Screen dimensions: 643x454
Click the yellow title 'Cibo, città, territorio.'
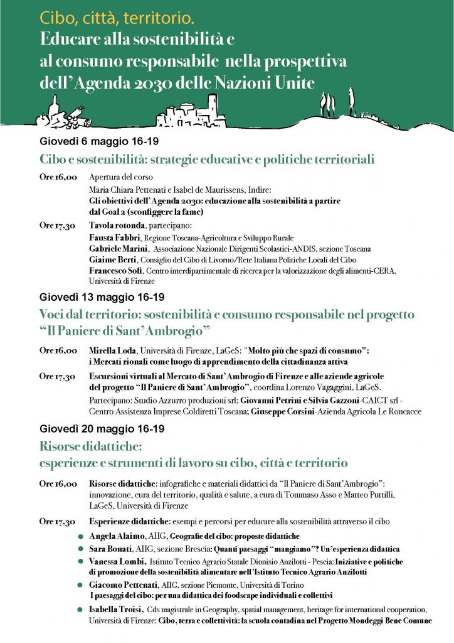click(x=115, y=19)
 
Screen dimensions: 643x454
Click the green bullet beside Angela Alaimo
click(x=80, y=536)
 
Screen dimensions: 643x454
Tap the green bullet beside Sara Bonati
click(x=80, y=549)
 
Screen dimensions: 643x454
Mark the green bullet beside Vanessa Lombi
click(x=80, y=561)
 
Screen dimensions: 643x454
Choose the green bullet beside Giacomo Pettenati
click(x=80, y=585)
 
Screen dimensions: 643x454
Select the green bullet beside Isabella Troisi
click(x=80, y=610)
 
